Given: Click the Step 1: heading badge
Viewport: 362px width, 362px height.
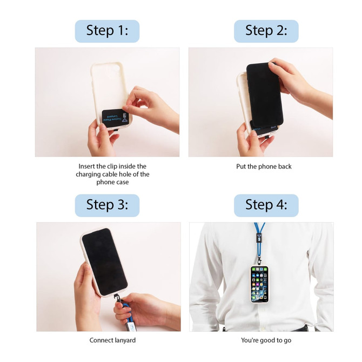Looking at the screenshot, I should click(x=107, y=31).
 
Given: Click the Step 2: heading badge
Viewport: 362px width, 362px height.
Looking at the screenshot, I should click(x=266, y=31).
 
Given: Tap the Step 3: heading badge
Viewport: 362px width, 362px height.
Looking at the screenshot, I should click(x=107, y=205).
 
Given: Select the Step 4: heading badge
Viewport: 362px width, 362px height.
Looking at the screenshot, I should click(x=266, y=205).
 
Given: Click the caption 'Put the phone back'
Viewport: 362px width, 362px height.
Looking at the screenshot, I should click(x=264, y=166).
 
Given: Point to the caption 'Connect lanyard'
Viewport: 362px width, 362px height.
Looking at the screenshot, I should click(x=112, y=340).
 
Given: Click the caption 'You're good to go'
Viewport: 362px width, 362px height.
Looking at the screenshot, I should click(x=264, y=340).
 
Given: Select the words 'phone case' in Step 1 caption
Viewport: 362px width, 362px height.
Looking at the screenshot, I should click(x=112, y=183).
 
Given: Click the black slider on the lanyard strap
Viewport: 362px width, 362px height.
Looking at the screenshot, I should click(x=260, y=238).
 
